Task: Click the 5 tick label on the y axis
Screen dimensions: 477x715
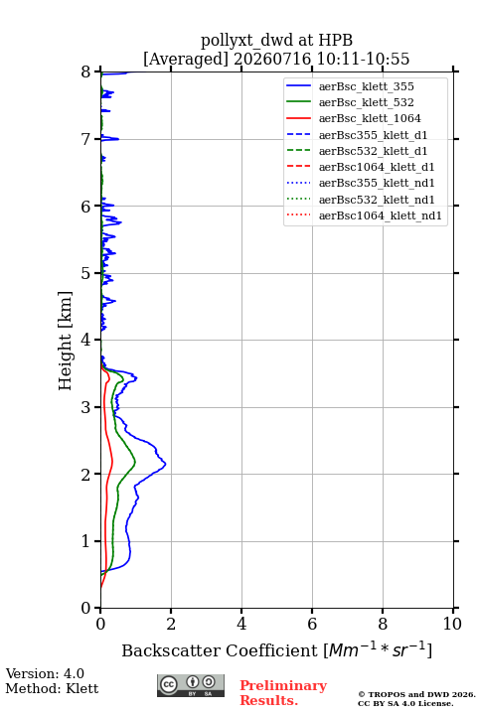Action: (x=86, y=274)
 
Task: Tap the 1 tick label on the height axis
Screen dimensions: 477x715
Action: (x=86, y=541)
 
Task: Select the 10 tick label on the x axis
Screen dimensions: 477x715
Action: (x=452, y=624)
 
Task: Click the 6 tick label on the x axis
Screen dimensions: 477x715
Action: (x=312, y=624)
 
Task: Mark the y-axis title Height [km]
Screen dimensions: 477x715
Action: (x=65, y=341)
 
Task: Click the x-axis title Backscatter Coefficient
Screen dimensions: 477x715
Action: (x=219, y=650)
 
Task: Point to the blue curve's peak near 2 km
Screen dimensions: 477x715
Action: (x=165, y=464)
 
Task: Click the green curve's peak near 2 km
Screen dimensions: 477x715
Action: (x=135, y=463)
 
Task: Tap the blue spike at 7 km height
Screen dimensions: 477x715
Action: (x=118, y=139)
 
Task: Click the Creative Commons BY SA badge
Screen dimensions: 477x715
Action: (x=191, y=685)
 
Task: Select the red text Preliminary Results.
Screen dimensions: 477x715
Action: (x=283, y=693)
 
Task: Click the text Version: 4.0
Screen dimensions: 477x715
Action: (x=45, y=673)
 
